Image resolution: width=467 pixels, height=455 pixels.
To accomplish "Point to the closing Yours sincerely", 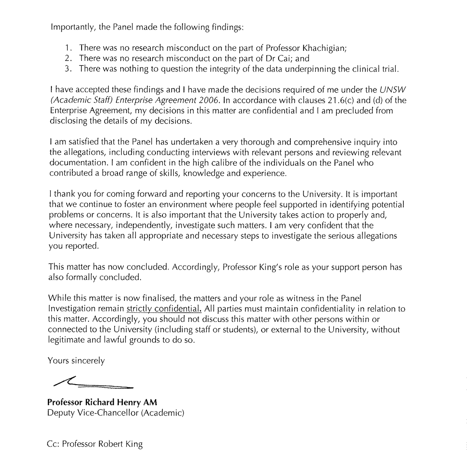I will tap(76, 360).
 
